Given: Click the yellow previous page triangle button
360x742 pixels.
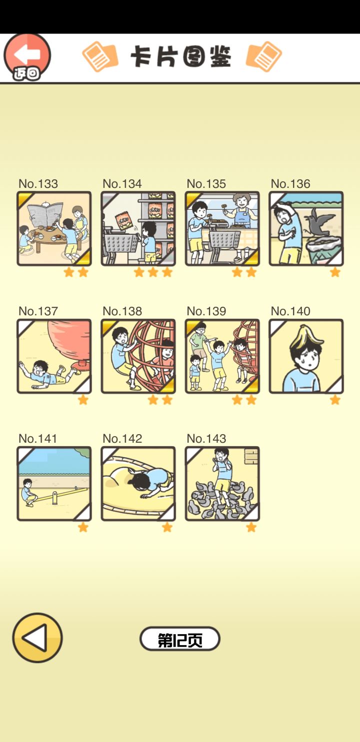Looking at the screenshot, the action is click(37, 638).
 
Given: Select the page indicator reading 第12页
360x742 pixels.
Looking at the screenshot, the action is click(180, 639).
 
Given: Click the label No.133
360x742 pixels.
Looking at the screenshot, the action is click(38, 183).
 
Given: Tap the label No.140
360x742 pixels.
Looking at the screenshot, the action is click(290, 311).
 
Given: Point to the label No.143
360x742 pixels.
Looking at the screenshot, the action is click(206, 439).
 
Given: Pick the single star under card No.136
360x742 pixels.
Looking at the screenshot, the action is click(335, 272).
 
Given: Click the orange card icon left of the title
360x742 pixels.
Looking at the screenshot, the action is click(100, 56).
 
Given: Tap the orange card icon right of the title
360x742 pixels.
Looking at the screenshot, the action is click(263, 56).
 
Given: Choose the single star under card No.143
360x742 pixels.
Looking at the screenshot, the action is click(251, 527).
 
